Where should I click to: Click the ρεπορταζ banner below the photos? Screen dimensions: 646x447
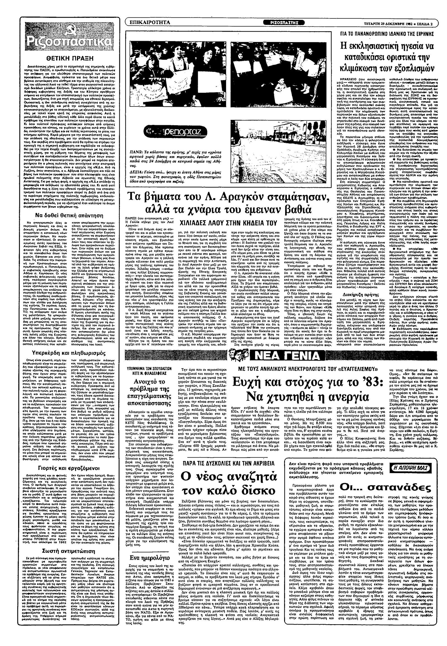[x=176, y=132]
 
